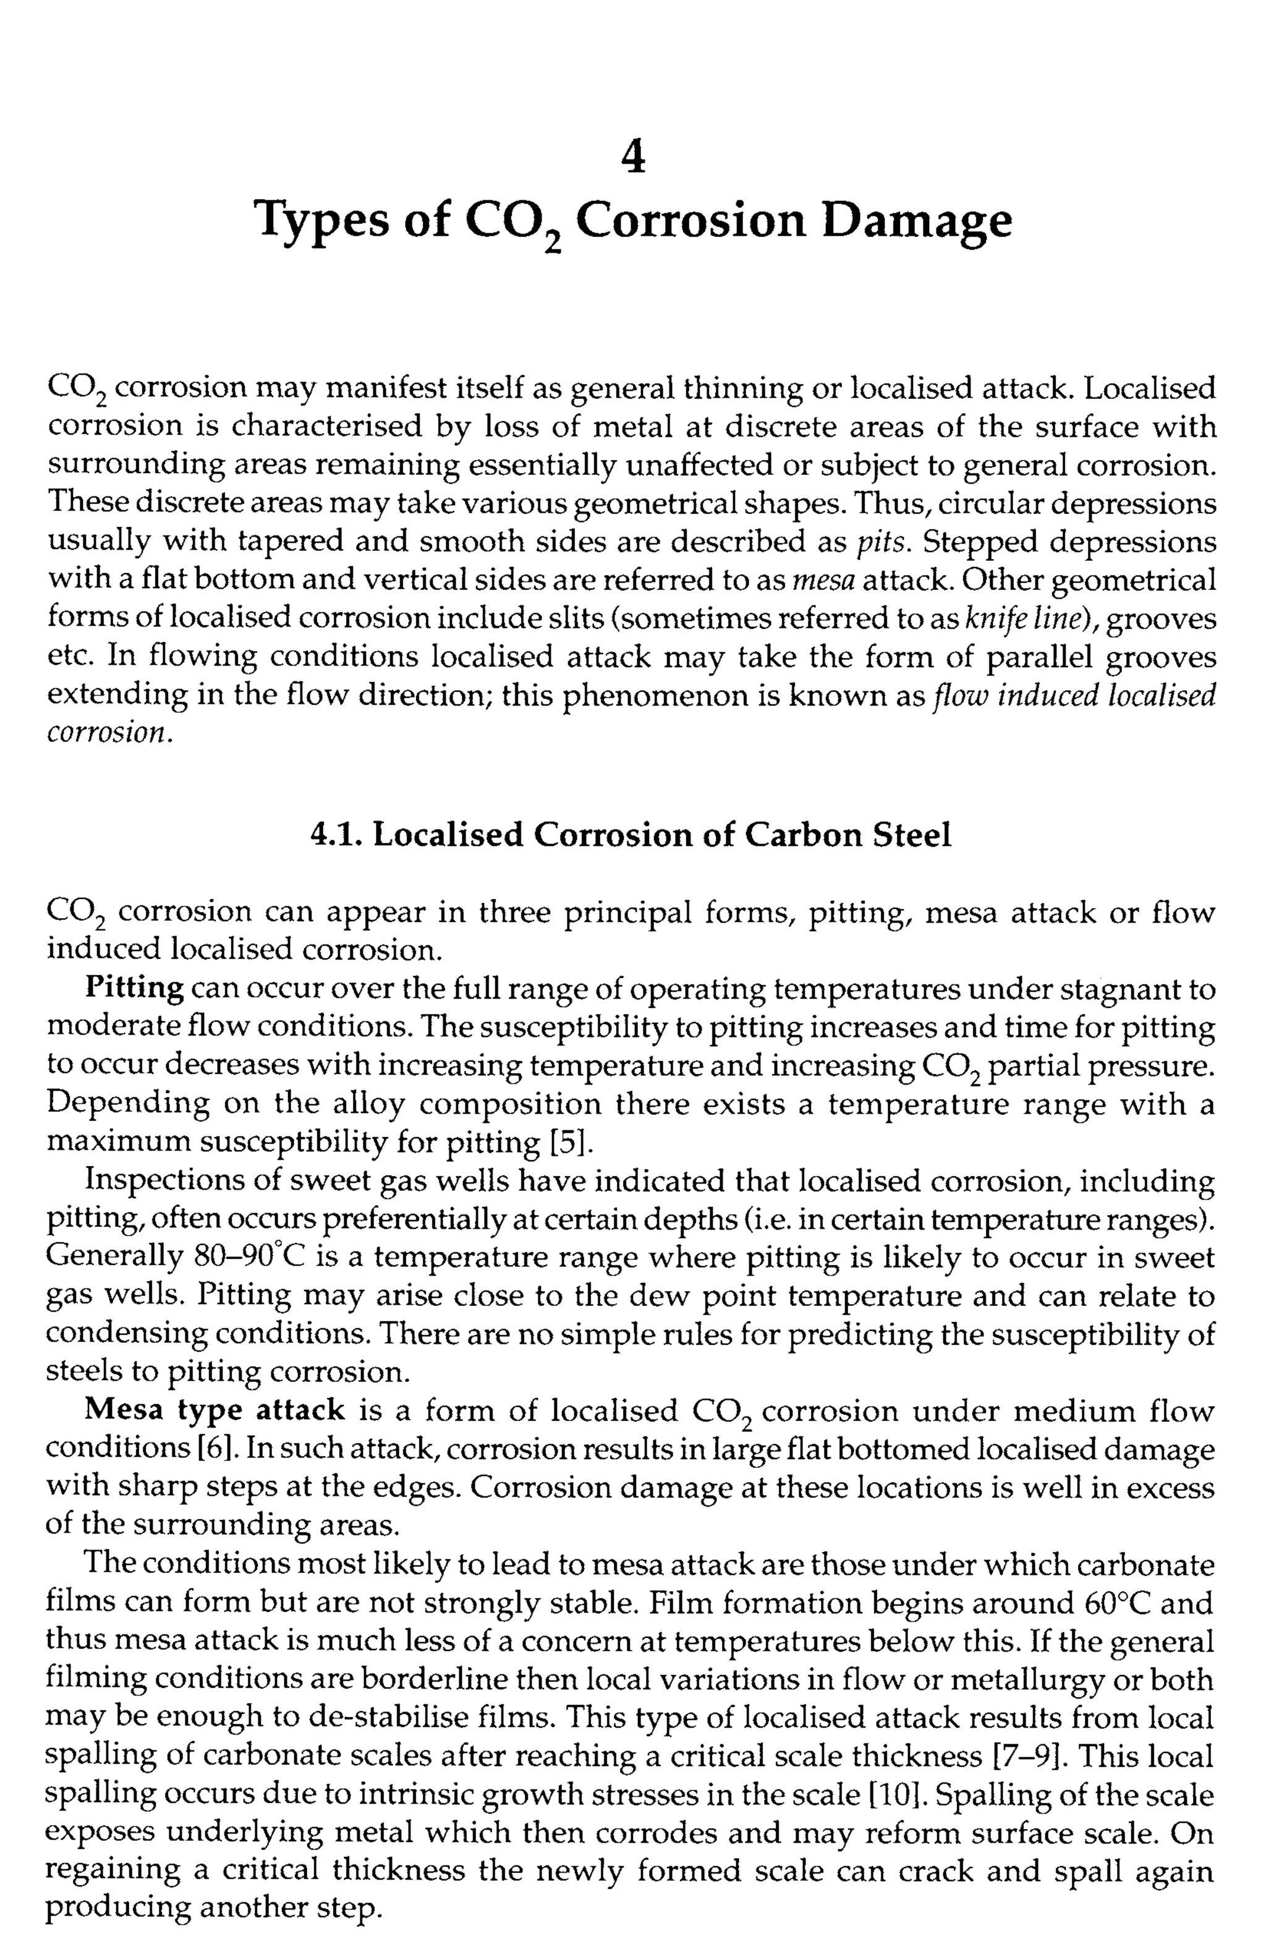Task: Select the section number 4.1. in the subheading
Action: (336, 835)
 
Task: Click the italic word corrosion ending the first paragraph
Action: (108, 733)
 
